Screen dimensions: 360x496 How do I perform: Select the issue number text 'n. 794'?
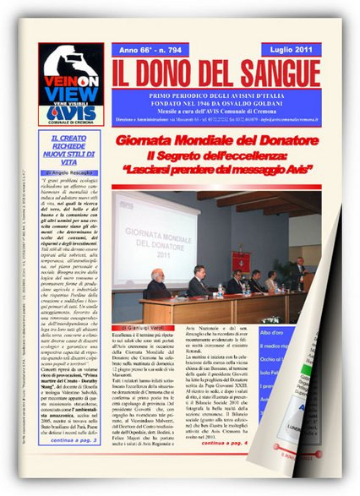coord(180,50)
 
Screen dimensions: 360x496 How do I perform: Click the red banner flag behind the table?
coord(242,261)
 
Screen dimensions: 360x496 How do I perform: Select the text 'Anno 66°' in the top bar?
coord(140,50)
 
